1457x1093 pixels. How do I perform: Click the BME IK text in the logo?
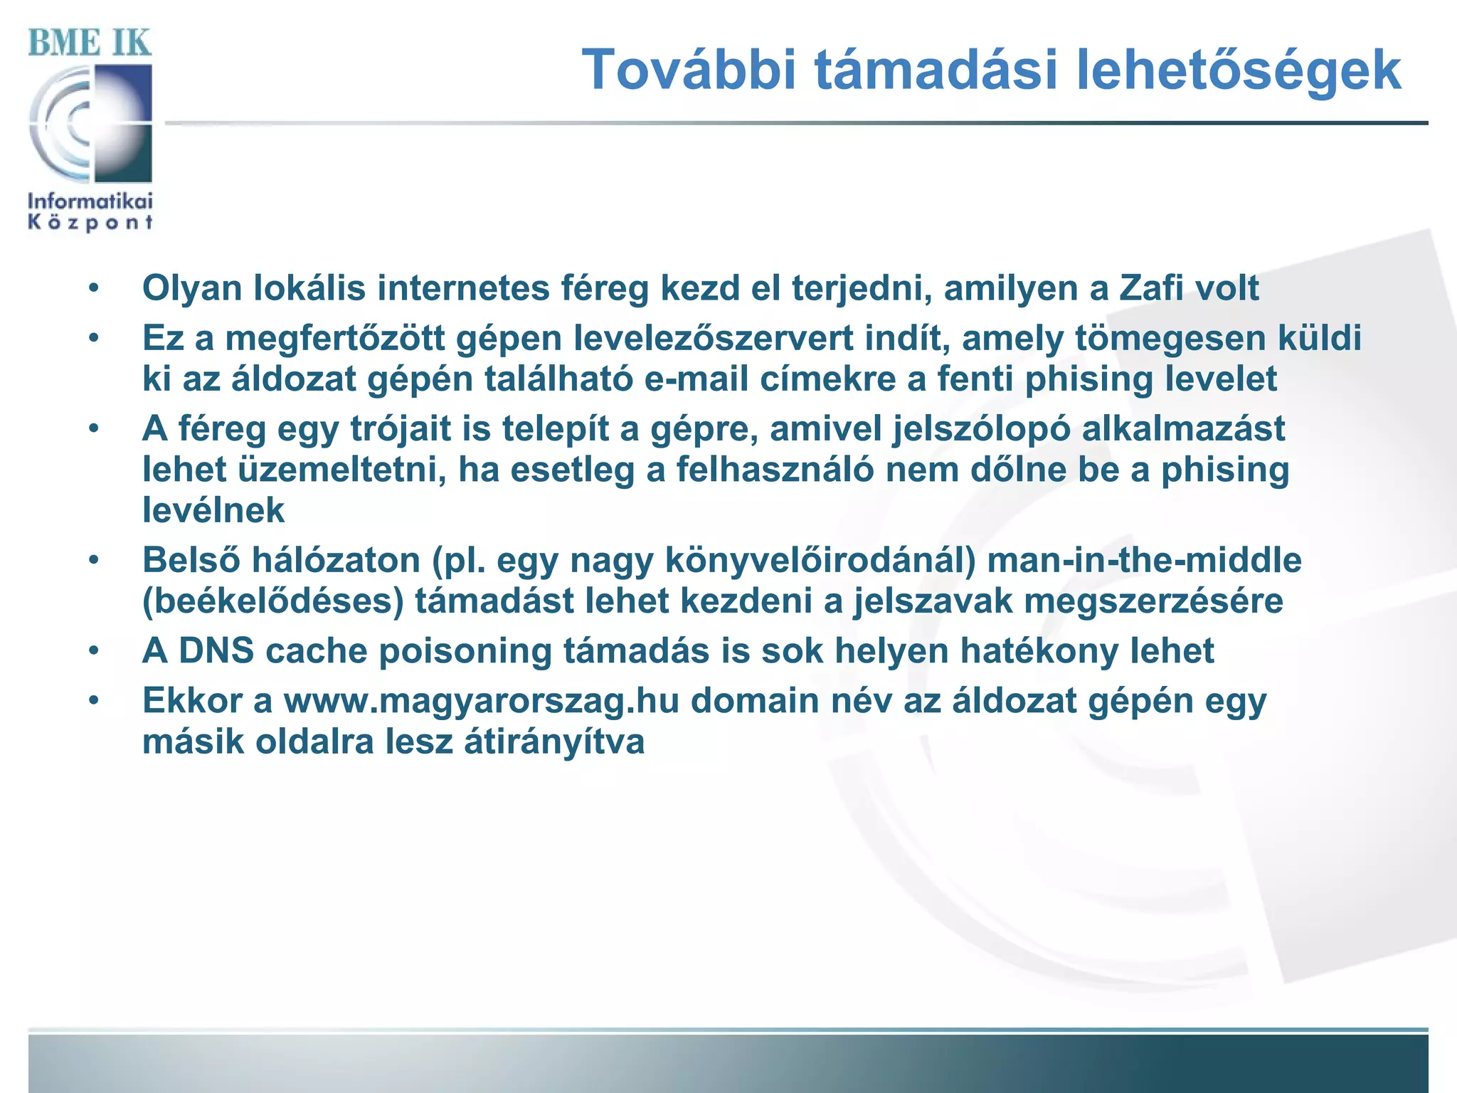[90, 43]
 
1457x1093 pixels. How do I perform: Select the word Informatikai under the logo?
[90, 201]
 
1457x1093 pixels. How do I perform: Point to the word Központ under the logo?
[90, 223]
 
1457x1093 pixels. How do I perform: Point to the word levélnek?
[213, 511]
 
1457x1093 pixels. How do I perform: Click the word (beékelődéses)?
[272, 601]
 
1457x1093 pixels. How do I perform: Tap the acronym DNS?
[216, 651]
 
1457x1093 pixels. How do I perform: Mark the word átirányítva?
[554, 741]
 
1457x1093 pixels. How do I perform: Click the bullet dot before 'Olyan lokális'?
[94, 289]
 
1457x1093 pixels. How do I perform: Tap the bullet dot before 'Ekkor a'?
[94, 701]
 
